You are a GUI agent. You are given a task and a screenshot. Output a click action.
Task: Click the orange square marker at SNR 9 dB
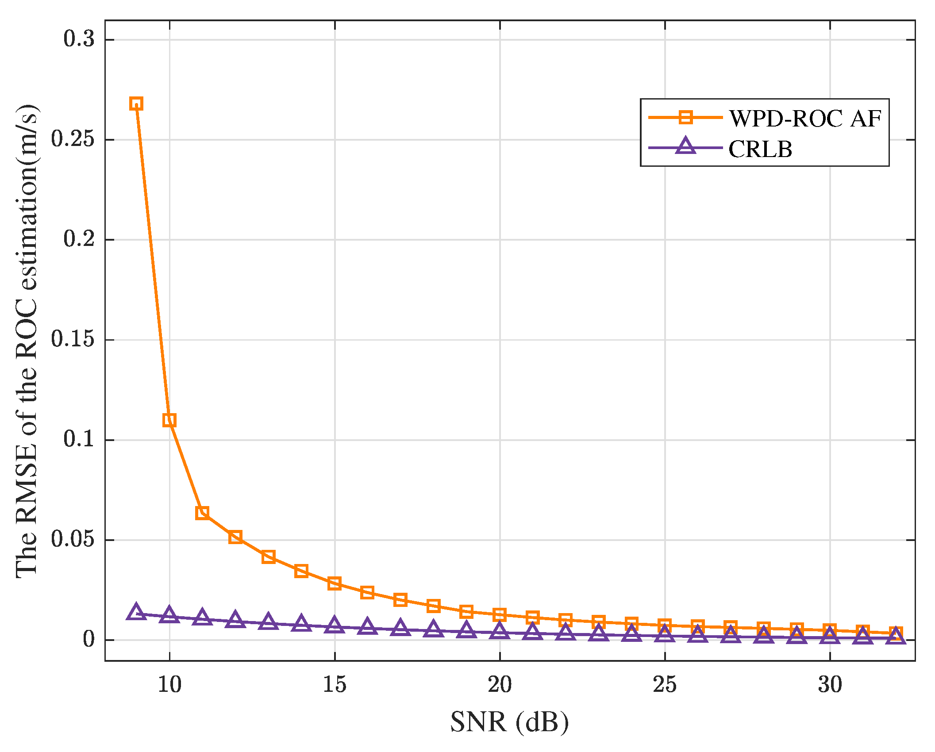tap(136, 104)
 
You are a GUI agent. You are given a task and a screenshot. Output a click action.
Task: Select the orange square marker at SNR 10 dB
tap(169, 420)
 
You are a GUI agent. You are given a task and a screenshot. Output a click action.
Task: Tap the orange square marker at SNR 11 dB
tap(202, 513)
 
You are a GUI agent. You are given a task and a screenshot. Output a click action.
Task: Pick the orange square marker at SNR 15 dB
tap(335, 583)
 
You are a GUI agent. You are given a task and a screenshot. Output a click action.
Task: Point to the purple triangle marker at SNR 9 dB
tap(136, 613)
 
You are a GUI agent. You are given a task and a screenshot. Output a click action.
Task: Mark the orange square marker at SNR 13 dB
tap(268, 557)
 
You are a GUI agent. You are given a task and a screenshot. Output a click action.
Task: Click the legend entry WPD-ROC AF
tap(805, 118)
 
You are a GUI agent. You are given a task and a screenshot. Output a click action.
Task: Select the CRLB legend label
tap(760, 149)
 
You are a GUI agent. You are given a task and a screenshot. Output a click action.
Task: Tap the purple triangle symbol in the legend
tap(685, 146)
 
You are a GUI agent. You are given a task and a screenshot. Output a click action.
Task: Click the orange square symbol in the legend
tap(685, 117)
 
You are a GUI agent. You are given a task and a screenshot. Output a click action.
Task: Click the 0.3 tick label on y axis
tap(79, 39)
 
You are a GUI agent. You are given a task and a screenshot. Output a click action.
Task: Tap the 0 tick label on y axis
tap(89, 639)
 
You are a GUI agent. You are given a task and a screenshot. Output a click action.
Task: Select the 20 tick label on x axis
tap(500, 685)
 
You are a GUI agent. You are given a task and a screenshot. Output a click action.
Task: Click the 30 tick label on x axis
tap(830, 685)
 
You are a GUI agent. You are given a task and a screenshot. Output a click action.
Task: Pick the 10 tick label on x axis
tap(169, 685)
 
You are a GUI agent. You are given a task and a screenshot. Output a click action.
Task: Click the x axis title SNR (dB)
tap(509, 723)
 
